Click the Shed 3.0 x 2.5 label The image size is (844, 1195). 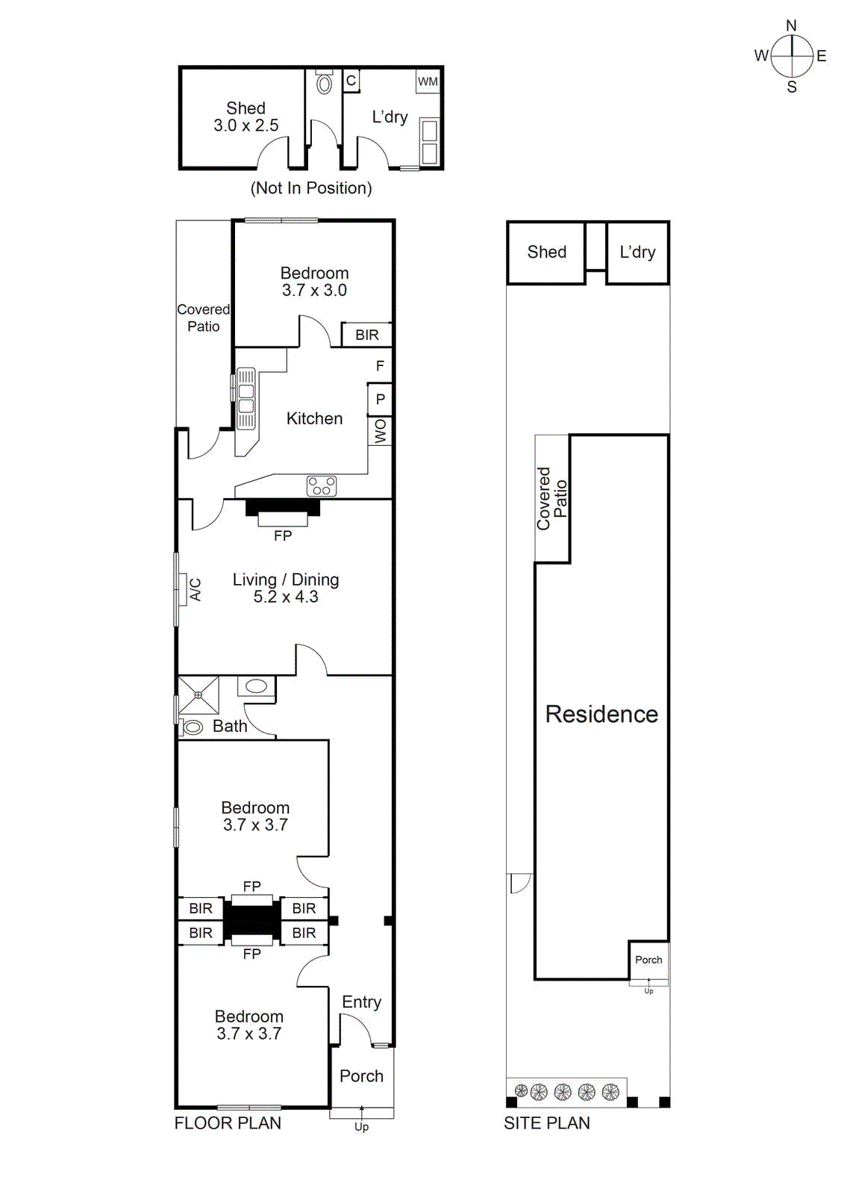click(x=246, y=117)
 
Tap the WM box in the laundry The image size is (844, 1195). click(x=428, y=81)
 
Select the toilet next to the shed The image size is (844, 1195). click(x=324, y=84)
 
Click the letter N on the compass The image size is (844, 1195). click(x=791, y=26)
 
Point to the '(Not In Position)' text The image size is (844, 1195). click(x=311, y=188)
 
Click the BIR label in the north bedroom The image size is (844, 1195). click(x=366, y=335)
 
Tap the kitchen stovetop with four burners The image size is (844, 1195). click(x=322, y=486)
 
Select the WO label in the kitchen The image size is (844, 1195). click(x=380, y=431)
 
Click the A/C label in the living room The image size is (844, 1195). click(x=196, y=589)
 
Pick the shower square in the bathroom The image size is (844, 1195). click(x=199, y=695)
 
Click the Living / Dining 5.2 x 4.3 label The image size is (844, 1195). click(x=286, y=588)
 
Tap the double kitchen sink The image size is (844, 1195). click(x=246, y=399)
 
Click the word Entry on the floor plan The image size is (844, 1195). click(x=361, y=1002)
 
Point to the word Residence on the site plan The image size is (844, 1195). click(x=601, y=714)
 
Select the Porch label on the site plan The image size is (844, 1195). click(x=648, y=960)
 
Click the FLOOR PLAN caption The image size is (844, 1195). click(x=228, y=1123)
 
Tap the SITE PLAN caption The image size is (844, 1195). click(x=546, y=1123)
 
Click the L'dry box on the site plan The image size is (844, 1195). click(x=637, y=252)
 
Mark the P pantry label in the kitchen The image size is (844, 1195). click(x=380, y=399)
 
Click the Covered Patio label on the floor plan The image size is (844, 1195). click(x=203, y=317)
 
